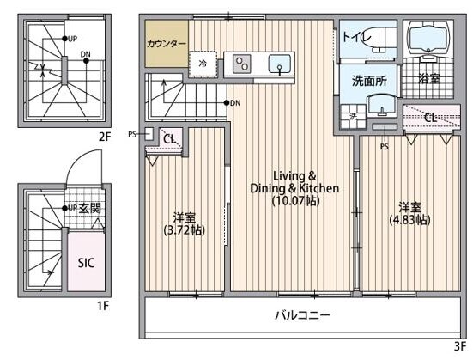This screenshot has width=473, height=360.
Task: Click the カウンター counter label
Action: coord(167,44)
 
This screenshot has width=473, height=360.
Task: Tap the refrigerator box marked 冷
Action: coord(203,64)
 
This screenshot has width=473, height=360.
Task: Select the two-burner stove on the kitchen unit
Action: coord(241,64)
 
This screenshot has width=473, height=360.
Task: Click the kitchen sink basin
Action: coord(280,64)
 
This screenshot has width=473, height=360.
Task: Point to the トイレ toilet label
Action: coord(356,37)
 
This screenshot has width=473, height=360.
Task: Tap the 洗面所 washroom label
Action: coord(369,81)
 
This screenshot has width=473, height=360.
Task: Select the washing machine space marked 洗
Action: coord(353,116)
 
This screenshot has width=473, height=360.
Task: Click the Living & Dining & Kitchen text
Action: coord(294,182)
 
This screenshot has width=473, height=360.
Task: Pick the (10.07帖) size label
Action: coord(295,200)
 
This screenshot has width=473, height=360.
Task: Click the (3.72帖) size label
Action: coord(185,230)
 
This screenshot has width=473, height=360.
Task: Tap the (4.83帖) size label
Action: coord(410,220)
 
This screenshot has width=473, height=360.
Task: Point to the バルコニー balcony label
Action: coord(302,315)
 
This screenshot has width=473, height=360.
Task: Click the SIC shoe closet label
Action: coord(86,263)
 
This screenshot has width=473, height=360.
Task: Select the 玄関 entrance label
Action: coord(89,209)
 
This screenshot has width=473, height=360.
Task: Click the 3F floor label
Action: coord(460,346)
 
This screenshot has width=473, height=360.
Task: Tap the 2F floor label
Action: coord(105,137)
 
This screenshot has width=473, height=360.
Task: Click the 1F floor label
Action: coord(102,306)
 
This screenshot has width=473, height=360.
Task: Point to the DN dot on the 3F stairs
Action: coord(227,103)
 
